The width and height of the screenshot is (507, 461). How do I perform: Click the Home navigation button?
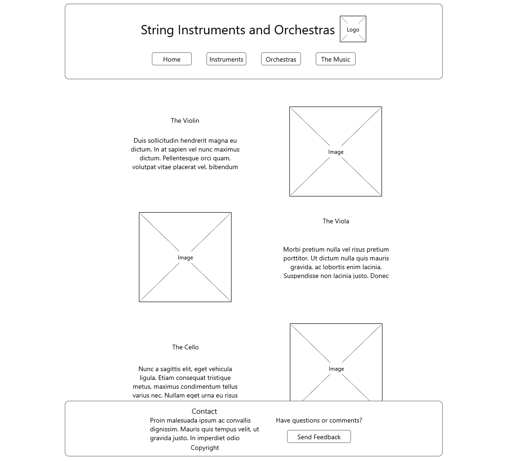click(x=171, y=59)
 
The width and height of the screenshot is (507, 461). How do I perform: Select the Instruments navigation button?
click(x=226, y=59)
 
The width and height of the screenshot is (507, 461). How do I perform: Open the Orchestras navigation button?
click(x=281, y=59)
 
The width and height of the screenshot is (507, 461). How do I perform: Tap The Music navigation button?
click(x=335, y=59)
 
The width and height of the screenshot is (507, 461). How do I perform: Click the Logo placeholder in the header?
click(x=353, y=29)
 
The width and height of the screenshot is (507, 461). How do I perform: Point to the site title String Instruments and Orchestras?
click(x=238, y=30)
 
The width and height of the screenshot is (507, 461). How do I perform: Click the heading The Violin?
click(x=185, y=120)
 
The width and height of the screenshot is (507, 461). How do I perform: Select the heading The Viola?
click(x=336, y=221)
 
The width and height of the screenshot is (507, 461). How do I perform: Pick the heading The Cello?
click(x=185, y=347)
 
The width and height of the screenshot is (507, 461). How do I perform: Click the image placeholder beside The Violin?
click(x=336, y=152)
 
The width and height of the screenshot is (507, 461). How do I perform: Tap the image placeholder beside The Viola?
click(x=185, y=257)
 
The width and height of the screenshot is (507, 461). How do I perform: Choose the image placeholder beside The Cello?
click(x=336, y=361)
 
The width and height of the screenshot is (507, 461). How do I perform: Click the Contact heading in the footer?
click(x=204, y=411)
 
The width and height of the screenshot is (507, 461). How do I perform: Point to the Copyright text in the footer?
click(x=205, y=448)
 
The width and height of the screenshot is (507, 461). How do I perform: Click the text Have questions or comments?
click(x=319, y=420)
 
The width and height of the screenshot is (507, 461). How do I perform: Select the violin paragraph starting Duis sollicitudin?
click(x=185, y=154)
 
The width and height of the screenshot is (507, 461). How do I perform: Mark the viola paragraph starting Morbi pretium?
click(x=336, y=263)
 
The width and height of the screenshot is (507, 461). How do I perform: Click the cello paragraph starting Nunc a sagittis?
click(x=185, y=382)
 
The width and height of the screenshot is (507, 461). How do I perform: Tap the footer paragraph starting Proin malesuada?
click(x=204, y=429)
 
